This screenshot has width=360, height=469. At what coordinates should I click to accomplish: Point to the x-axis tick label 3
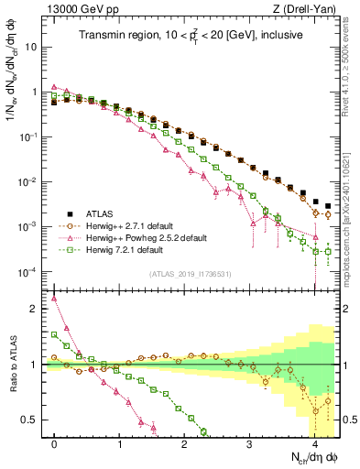pyautogui.click(x=249, y=442)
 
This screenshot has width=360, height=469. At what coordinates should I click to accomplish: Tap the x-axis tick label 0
pyautogui.click(x=55, y=442)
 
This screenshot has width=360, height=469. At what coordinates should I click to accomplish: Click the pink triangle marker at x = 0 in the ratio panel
pyautogui.click(x=55, y=298)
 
